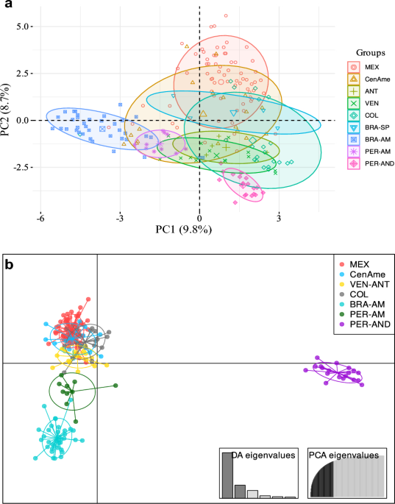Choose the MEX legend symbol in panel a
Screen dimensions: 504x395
pyautogui.click(x=353, y=66)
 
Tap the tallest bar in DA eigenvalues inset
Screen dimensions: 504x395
pyautogui.click(x=228, y=475)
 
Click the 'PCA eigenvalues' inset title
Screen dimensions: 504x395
pyautogui.click(x=348, y=455)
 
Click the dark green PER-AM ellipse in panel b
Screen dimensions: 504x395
pyautogui.click(x=72, y=391)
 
